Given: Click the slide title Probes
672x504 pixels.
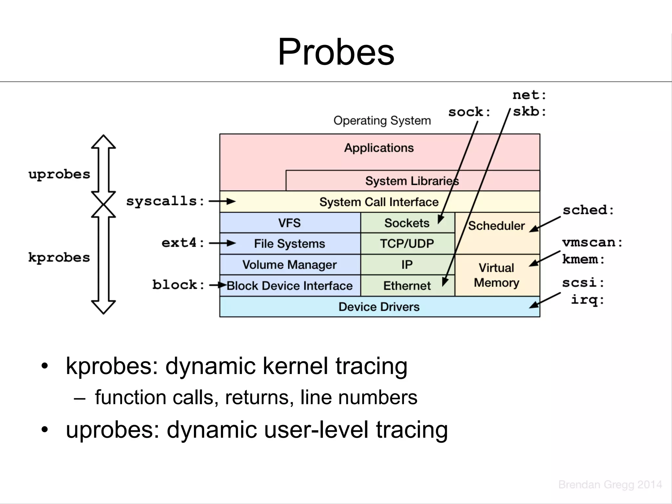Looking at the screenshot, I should (336, 52).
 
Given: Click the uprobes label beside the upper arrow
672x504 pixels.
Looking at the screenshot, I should (59, 174).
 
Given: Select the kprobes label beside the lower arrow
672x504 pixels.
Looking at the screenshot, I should (59, 258).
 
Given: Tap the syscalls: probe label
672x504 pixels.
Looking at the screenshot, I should (166, 201).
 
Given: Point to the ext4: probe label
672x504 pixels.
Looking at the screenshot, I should (183, 243).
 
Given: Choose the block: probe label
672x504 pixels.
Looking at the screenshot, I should (178, 284).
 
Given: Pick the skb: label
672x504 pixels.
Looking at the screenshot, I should (529, 112).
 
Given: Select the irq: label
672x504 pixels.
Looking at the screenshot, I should (587, 300).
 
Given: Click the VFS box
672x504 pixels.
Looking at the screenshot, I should (289, 223).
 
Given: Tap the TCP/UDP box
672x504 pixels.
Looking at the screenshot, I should (407, 243).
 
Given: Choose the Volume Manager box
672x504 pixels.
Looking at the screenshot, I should (289, 264).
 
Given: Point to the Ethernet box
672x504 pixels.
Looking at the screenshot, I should (407, 285).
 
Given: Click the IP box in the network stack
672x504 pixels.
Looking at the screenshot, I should (407, 264).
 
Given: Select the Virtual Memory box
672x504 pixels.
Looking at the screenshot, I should (496, 275).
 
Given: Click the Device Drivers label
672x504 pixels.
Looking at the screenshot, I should (379, 307).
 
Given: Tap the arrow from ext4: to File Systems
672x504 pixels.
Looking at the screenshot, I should (222, 243).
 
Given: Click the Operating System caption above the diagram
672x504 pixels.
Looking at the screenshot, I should (382, 120).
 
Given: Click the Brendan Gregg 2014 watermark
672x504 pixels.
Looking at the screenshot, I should (610, 484).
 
